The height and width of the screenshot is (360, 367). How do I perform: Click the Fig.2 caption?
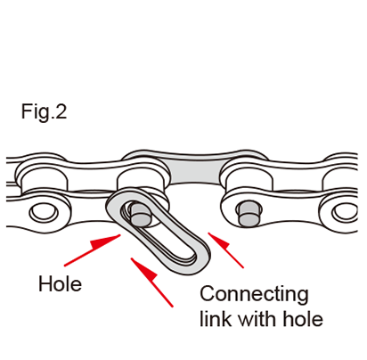44,112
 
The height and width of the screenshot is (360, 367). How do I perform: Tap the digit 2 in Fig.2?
61,111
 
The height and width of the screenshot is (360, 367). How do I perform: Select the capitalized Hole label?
60,283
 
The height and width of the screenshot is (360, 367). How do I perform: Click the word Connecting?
254,295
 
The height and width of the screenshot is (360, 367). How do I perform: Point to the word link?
216,318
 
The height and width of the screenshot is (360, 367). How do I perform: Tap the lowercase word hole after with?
303,318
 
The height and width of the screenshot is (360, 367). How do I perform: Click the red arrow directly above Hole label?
93,250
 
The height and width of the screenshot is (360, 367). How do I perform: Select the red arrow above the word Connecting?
225,250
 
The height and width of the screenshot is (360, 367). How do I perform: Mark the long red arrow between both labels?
151,282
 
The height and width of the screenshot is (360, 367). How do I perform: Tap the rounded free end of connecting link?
196,261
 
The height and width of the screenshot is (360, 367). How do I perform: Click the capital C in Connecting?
208,293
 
